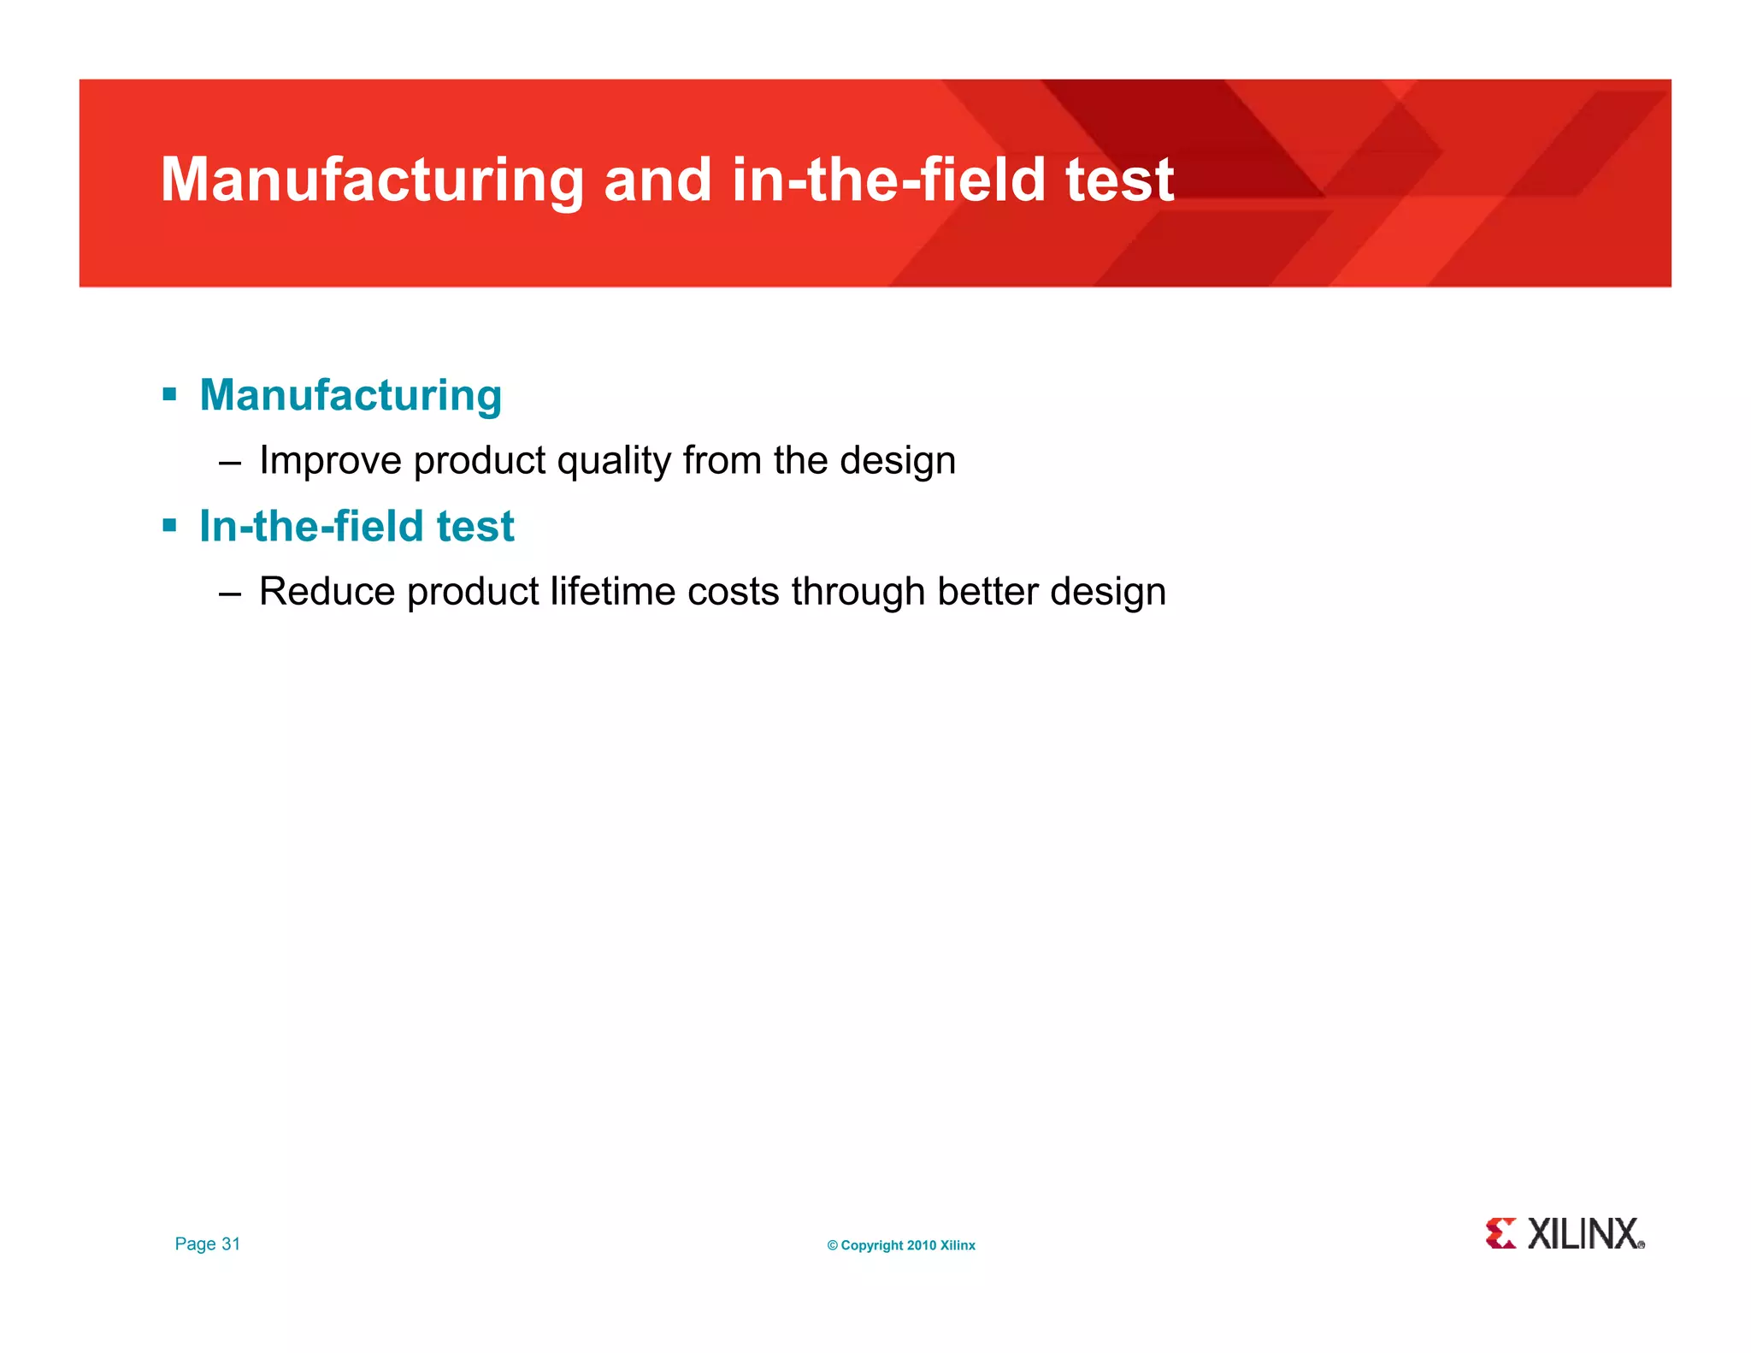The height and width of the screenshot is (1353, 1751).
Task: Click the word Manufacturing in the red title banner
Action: [x=372, y=180]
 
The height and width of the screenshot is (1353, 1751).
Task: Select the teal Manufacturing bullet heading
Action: [x=351, y=396]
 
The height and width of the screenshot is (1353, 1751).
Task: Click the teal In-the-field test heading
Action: [x=357, y=526]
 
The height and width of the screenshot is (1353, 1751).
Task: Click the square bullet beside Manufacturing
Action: [x=169, y=395]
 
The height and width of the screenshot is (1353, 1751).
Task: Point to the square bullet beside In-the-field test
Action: [x=169, y=525]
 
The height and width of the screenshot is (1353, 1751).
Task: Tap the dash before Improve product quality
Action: [x=229, y=463]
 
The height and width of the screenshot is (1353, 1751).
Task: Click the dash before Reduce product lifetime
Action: [x=229, y=594]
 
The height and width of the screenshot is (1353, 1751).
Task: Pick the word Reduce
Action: [x=327, y=592]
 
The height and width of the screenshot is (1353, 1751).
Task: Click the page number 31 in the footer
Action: [x=231, y=1244]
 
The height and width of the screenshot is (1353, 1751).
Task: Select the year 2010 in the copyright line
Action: [x=922, y=1246]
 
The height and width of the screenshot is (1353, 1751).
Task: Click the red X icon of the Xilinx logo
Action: [x=1500, y=1234]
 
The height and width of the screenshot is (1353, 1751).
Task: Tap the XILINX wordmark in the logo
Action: [x=1583, y=1234]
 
